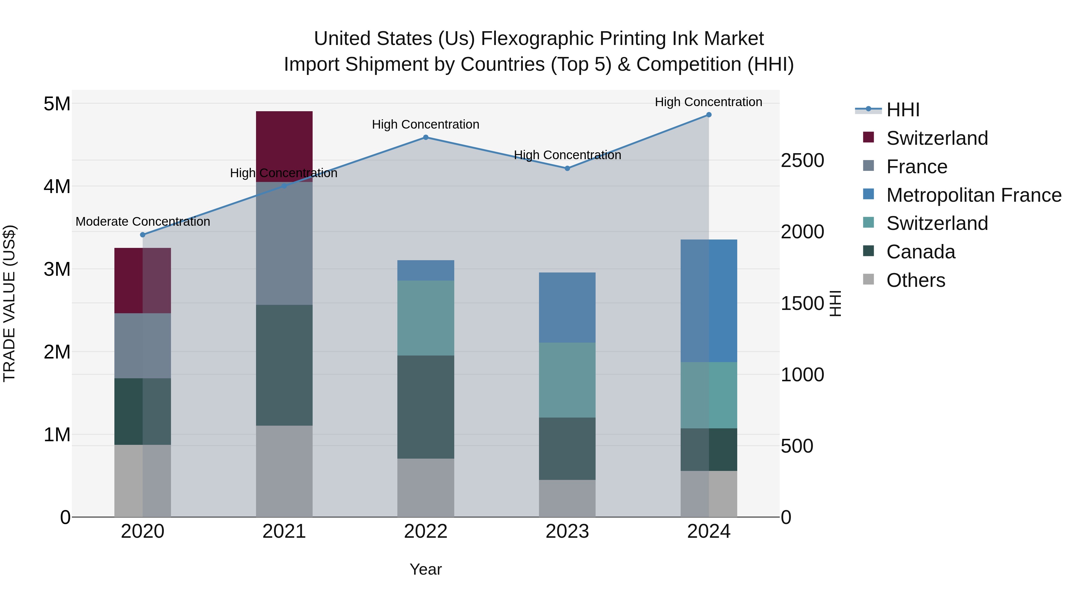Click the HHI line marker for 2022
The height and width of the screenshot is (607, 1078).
[x=426, y=137]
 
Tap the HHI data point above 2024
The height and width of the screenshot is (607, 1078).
[x=708, y=115]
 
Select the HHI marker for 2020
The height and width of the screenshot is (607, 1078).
[x=143, y=235]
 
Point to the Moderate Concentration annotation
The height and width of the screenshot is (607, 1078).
[x=143, y=222]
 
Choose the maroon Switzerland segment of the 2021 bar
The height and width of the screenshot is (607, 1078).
[x=284, y=146]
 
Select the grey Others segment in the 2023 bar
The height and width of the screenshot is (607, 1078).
[x=567, y=498]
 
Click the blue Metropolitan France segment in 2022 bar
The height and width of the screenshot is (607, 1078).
[x=426, y=270]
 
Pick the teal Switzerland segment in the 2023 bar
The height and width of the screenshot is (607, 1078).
[x=567, y=380]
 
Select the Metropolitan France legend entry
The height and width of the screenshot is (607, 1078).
[x=973, y=195]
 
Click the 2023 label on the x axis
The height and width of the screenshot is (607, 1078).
[x=567, y=531]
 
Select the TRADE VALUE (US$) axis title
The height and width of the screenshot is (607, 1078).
[x=10, y=303]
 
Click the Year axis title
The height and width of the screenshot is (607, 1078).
[x=426, y=569]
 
